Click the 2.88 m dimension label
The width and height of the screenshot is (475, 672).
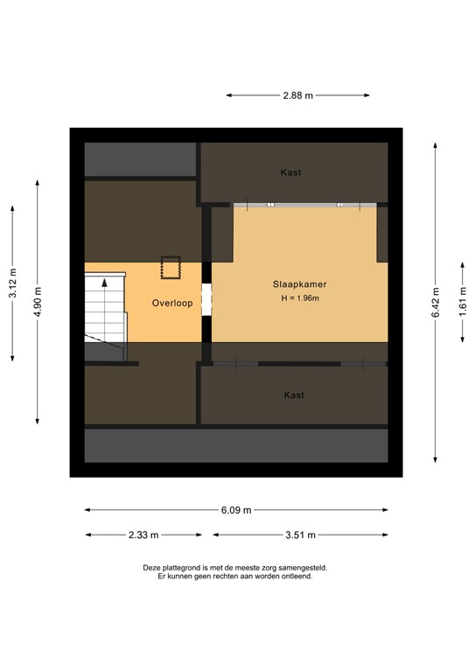297,96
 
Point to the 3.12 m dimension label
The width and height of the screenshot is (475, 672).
13,283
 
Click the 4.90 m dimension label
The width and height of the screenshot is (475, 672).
37,299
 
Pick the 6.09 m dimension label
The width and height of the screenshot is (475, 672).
236,510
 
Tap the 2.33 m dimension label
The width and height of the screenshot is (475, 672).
143,535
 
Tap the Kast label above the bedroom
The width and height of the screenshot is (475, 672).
291,172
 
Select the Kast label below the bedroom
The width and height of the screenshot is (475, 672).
294,395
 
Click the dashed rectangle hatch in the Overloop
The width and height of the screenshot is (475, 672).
170,265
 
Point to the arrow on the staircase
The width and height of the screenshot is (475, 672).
105,283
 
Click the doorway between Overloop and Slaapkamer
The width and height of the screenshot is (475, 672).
206,299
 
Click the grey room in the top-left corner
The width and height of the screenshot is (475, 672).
140,159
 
